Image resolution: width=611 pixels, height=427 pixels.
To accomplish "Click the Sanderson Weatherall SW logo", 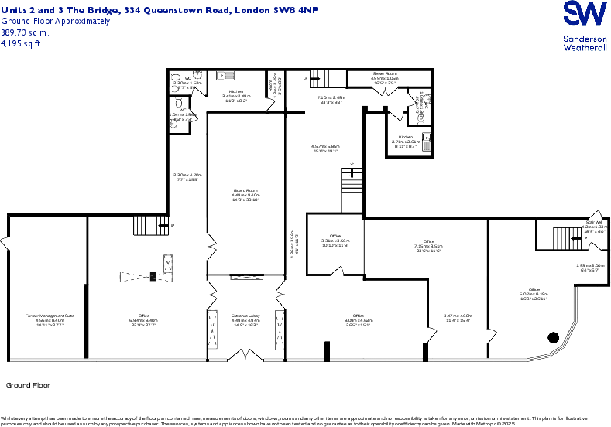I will pos(585,16).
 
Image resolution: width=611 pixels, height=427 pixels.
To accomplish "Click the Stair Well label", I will pos(594,222).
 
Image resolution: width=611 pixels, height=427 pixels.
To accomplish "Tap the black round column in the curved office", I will pos(553,337).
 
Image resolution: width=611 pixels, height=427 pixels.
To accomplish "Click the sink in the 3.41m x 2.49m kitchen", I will pos(229,76).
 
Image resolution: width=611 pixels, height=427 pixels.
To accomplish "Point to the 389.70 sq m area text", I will pos(25,33).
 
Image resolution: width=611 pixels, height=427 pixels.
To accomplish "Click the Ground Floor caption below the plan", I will pos(28,384).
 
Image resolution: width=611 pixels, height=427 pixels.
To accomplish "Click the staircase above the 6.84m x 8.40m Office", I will pos(146,225).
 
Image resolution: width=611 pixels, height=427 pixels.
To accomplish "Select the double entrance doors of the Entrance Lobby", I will pos(245,357).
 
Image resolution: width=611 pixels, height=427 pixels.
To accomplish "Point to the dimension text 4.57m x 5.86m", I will pos(325,146).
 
